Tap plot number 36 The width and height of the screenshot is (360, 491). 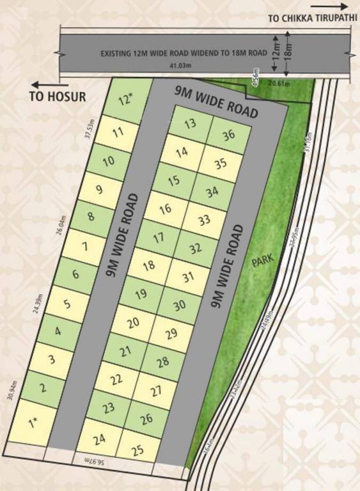(229, 136)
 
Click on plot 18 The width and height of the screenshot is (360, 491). (148, 265)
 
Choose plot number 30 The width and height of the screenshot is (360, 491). (180, 304)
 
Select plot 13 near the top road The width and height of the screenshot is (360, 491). (190, 124)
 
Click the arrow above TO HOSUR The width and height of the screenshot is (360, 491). (50, 84)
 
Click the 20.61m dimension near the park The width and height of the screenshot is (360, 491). (279, 83)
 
